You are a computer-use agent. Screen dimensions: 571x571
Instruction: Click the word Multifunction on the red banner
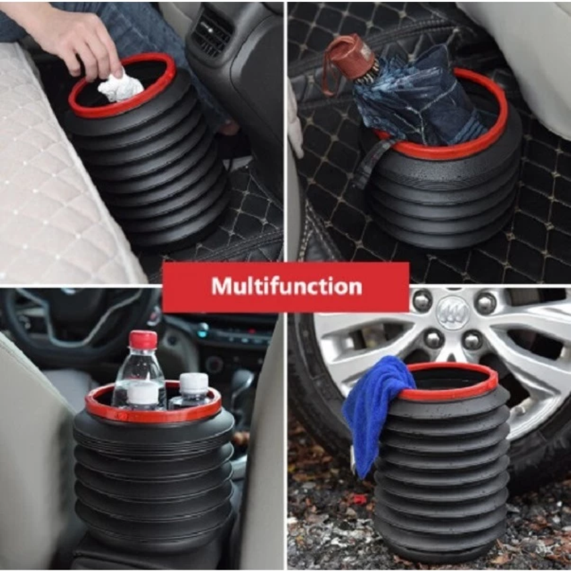click(x=287, y=286)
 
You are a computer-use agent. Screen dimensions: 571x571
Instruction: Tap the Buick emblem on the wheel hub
click(x=453, y=312)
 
